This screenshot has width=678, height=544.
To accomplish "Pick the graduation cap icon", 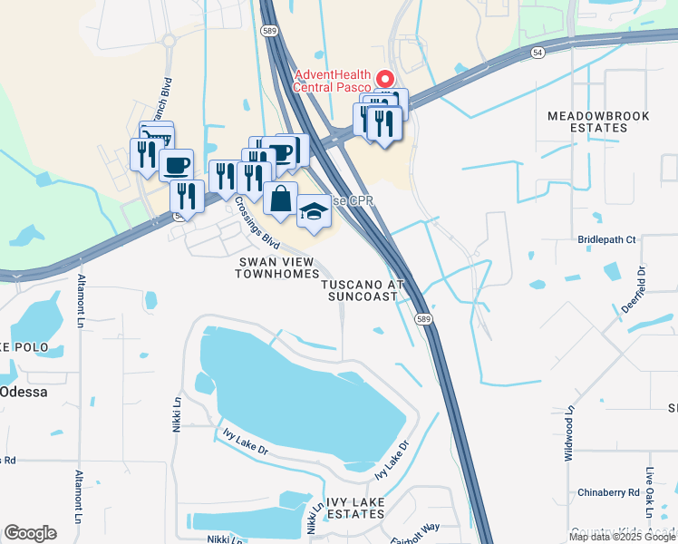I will tap(314, 212).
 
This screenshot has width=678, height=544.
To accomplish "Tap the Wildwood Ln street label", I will tap(569, 433).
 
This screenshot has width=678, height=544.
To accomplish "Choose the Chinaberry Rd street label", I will tap(608, 492).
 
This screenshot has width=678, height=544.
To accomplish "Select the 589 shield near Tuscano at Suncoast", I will tap(422, 319).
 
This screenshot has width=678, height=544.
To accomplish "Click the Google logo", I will tap(30, 532).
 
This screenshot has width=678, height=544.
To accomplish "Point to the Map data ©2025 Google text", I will tap(622, 537).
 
